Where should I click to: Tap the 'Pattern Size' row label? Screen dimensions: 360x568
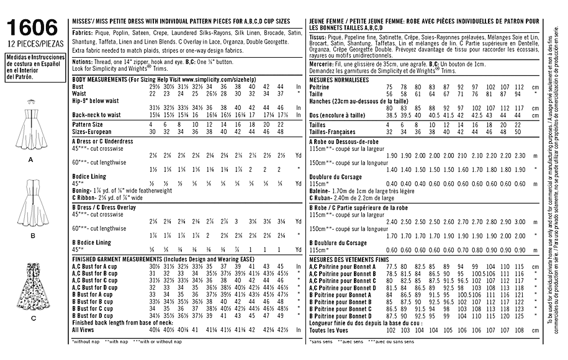[x=89, y=125]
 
